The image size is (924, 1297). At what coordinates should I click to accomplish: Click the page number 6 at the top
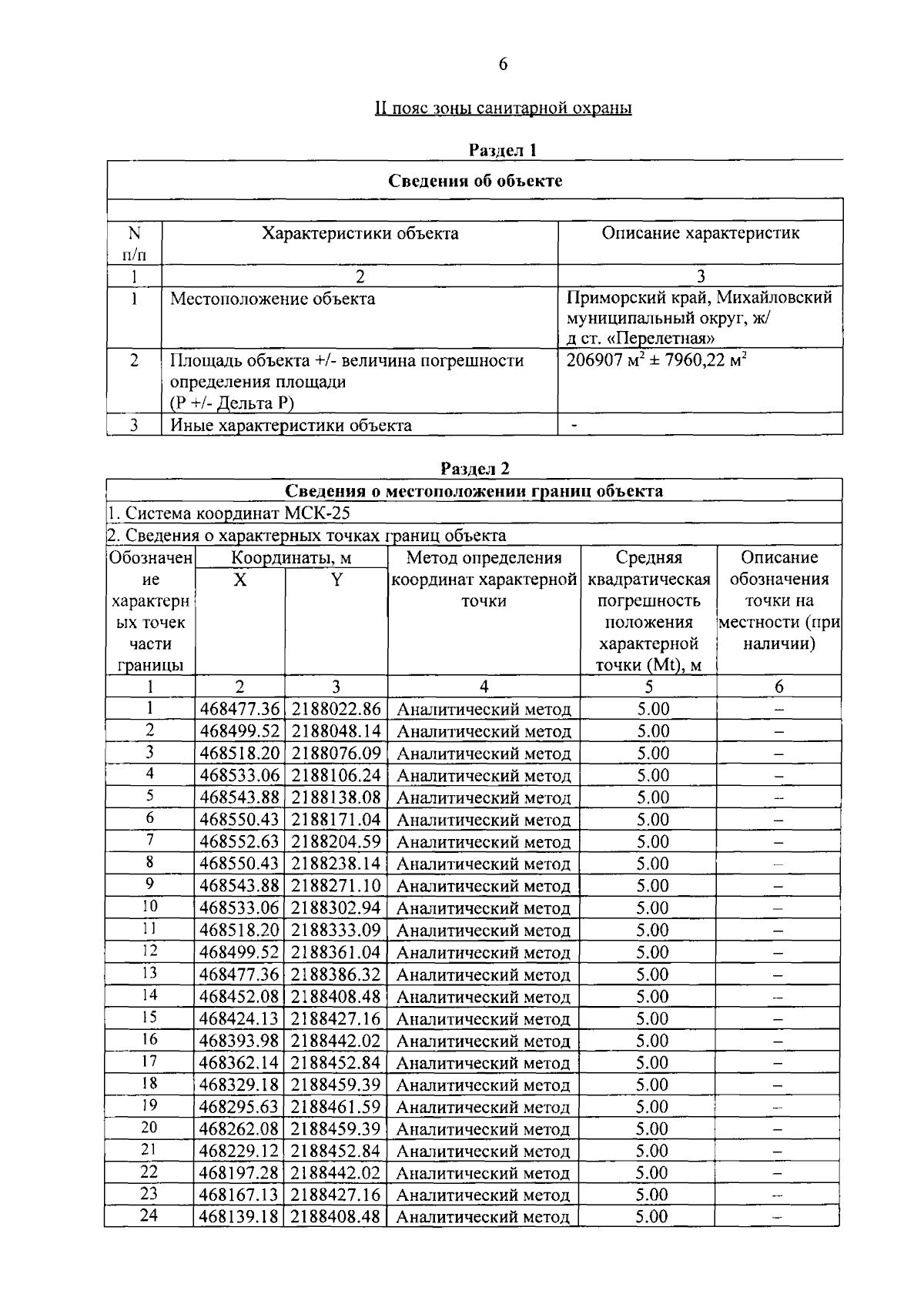[x=503, y=65]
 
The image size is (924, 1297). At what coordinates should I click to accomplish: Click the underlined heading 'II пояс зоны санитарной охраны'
[x=503, y=108]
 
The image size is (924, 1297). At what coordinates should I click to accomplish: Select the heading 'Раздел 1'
[x=503, y=150]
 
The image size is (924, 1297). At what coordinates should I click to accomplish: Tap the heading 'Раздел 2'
[x=475, y=468]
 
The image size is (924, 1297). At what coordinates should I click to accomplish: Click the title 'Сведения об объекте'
[x=475, y=181]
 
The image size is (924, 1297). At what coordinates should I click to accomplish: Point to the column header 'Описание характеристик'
[x=700, y=233]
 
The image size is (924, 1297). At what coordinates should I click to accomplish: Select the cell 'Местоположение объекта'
[x=273, y=299]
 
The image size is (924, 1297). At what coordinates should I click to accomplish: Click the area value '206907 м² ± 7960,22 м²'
[x=657, y=360]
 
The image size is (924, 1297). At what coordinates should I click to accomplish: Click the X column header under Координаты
[x=240, y=580]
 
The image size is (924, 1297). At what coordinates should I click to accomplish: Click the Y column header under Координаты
[x=336, y=580]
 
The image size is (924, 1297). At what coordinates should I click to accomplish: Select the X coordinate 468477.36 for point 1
[x=239, y=709]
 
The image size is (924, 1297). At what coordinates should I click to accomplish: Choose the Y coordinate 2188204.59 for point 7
[x=336, y=841]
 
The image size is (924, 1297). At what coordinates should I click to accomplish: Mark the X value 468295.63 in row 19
[x=239, y=1107]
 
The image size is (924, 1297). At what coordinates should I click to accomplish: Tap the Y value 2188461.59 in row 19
[x=336, y=1107]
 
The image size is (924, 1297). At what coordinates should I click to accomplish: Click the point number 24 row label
[x=149, y=1217]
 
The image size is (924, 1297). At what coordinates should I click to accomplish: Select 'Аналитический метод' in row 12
[x=484, y=953]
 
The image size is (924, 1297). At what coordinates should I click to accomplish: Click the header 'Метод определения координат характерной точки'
[x=484, y=579]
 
